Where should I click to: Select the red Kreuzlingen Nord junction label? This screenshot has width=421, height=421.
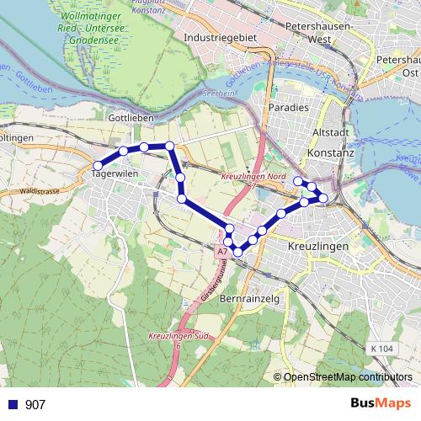coord(254,178)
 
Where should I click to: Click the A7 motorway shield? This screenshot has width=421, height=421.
coord(221,251)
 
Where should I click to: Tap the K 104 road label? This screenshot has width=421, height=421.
coord(381,348)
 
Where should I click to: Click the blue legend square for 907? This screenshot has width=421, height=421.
coord(12,404)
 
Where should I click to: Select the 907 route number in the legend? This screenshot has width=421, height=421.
coord(35,404)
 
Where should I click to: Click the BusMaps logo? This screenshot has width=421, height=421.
coord(381,403)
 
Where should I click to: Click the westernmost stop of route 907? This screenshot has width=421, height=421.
coord(99,165)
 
